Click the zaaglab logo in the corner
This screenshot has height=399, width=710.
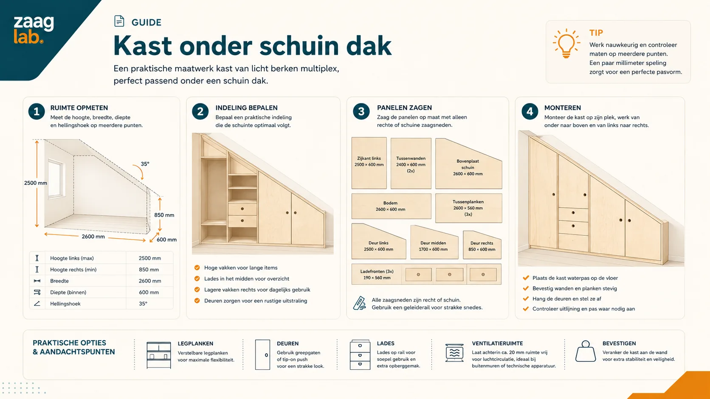coord(34,29)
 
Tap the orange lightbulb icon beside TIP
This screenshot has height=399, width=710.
coord(566,43)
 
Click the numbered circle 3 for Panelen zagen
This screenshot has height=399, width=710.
coord(361,112)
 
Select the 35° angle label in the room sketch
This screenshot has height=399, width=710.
coord(145,164)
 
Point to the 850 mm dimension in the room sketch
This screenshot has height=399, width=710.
coord(164,215)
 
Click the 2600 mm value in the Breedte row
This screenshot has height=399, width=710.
coord(149,281)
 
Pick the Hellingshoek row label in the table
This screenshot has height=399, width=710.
coord(65,304)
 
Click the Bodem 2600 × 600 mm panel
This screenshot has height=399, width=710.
coord(391,206)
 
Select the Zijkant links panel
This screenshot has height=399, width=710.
coord(369,163)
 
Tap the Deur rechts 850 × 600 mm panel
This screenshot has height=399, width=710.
coord(482,246)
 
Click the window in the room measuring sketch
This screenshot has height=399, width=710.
coord(56,179)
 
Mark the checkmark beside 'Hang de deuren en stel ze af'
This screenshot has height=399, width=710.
coord(526,299)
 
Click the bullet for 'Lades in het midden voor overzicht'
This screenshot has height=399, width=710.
coord(197,279)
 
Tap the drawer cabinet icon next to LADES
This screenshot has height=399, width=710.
coord(360,355)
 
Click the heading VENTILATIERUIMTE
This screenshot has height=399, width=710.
coord(497,343)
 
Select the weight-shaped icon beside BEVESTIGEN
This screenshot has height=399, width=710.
coord(586,351)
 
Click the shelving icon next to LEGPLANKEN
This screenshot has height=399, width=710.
coord(158,355)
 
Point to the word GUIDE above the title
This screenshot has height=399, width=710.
coord(147,22)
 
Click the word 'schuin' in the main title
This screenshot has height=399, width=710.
coord(299,46)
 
